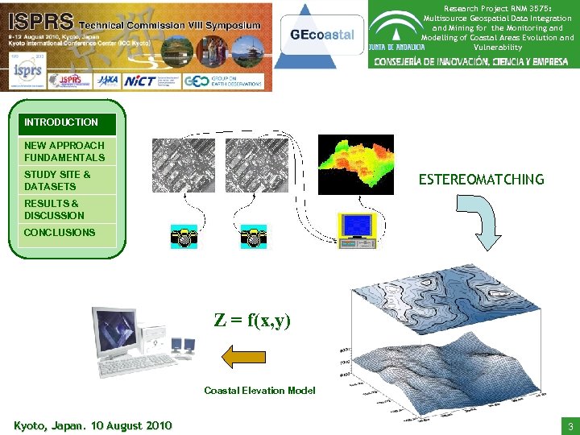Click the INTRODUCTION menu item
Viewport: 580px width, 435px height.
point(62,123)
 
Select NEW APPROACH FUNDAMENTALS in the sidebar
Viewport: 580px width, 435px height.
point(64,151)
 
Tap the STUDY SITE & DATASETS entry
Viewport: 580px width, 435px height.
point(58,180)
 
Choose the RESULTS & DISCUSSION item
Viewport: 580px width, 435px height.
point(55,209)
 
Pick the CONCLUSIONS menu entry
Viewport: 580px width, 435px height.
point(60,233)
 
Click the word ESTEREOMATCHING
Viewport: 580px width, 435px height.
point(481,180)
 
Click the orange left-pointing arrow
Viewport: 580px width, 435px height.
point(243,354)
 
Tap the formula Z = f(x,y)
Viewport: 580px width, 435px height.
point(251,320)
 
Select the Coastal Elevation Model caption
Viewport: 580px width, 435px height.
point(259,391)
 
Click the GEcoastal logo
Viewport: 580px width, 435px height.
point(321,35)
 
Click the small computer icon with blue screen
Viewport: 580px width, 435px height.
point(356,228)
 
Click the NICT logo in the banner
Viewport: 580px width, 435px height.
point(142,81)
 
